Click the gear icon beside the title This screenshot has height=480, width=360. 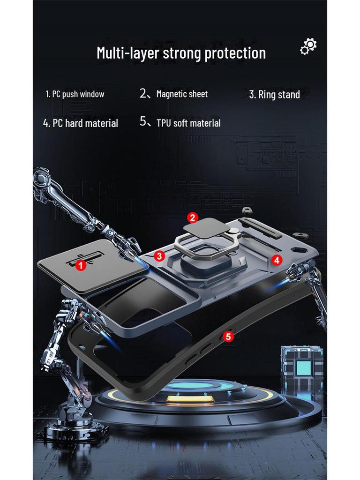point(308,46)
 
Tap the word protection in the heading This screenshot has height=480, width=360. point(235,53)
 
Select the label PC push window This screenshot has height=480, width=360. point(75,94)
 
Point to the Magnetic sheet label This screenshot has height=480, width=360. point(181,94)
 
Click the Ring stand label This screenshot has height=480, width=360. point(274,95)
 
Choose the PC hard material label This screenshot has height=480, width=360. point(80,123)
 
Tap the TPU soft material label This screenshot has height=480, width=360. point(188,123)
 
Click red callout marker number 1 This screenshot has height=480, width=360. point(80,265)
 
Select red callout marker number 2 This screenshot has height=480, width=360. point(192,217)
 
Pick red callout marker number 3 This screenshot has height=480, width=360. point(159,256)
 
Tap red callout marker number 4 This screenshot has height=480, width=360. point(277,260)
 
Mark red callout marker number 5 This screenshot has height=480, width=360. point(228,336)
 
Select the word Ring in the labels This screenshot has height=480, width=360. point(267,95)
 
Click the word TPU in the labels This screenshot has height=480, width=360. point(164,123)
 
